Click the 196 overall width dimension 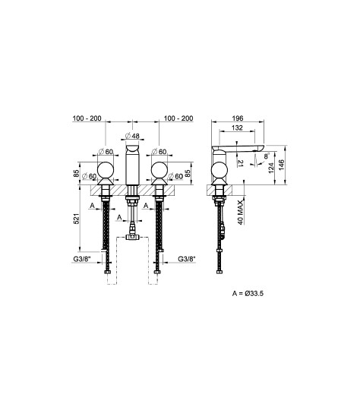tap(238, 118)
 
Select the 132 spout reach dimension tap(237, 128)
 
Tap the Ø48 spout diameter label tap(132, 136)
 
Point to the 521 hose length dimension tap(77, 219)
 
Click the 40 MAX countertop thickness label tap(241, 212)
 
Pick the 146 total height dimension tap(281, 165)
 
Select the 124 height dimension tap(271, 168)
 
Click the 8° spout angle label tap(267, 156)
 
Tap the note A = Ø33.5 tap(248, 294)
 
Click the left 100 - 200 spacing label tap(87, 118)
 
